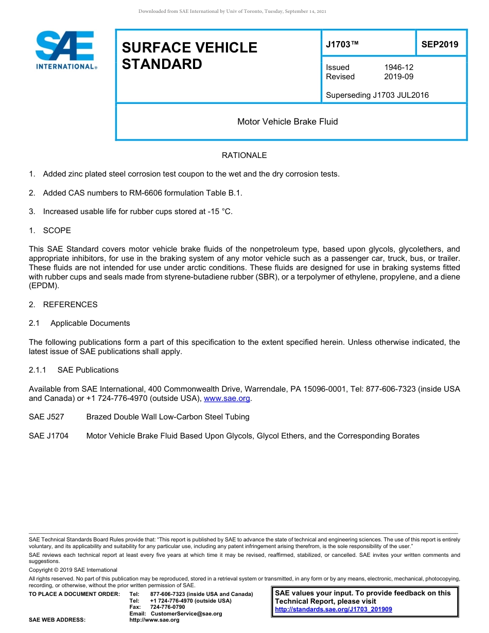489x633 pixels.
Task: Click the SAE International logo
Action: click(66, 50)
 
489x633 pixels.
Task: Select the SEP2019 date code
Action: click(440, 45)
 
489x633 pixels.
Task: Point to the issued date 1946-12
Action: click(398, 67)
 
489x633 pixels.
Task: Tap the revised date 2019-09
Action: click(398, 77)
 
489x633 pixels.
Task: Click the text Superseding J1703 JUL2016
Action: click(377, 95)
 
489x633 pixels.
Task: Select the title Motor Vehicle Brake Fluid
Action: click(287, 122)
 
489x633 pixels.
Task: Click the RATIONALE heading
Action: click(244, 155)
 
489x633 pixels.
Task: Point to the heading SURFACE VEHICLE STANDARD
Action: click(189, 56)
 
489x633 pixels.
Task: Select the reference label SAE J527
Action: click(46, 417)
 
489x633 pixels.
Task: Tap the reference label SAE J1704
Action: click(48, 436)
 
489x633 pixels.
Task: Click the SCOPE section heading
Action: click(57, 231)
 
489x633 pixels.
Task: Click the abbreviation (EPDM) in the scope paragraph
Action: click(44, 286)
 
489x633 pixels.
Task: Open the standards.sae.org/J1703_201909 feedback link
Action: click(334, 609)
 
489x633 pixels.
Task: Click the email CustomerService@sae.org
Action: click(186, 613)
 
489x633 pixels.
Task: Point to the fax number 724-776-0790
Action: click(167, 607)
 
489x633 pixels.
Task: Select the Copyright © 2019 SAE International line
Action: click(73, 570)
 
